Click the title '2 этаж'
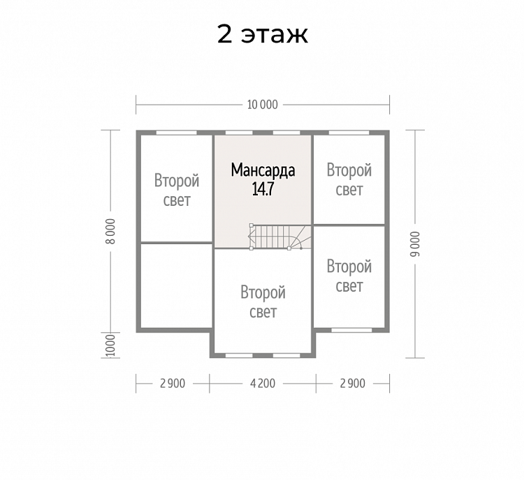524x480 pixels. (262, 34)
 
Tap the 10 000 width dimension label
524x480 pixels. (262, 105)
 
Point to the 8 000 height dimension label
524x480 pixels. (111, 232)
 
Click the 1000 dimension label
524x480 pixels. (110, 345)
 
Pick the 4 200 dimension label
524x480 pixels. (263, 384)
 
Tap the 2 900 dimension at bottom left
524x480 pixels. (173, 384)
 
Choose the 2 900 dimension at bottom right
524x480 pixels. (353, 384)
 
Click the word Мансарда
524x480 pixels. (263, 170)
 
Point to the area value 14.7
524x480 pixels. (263, 189)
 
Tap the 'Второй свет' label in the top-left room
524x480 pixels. (177, 190)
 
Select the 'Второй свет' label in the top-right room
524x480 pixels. (349, 179)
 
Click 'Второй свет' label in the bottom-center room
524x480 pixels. (263, 302)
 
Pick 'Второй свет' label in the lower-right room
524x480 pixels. (349, 276)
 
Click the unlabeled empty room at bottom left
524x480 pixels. (176, 286)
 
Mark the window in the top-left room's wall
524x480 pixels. (177, 133)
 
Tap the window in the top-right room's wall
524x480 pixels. (349, 133)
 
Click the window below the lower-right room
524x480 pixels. (351, 330)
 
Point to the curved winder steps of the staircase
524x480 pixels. (300, 237)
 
